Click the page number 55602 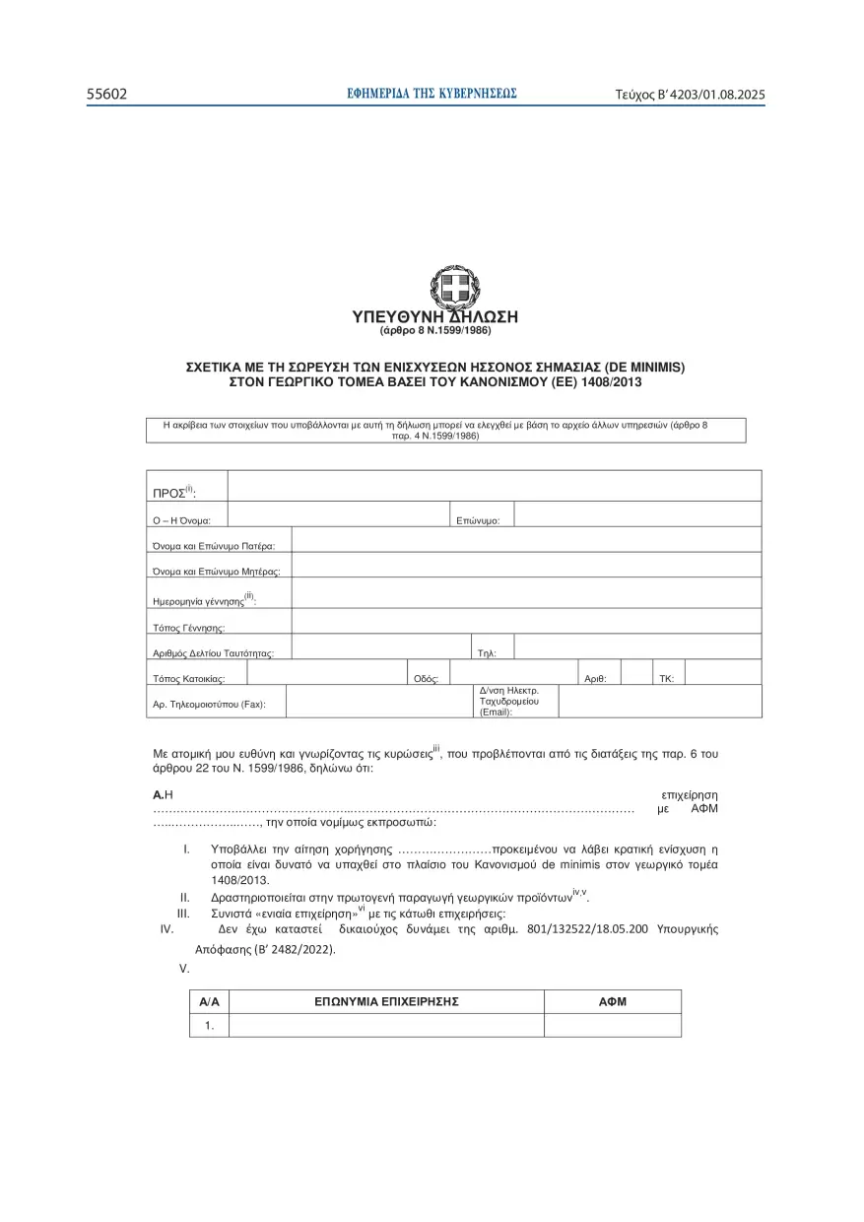(x=107, y=95)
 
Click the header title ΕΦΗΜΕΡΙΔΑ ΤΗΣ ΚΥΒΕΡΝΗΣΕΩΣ (x=432, y=95)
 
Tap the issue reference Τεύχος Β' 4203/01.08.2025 (x=690, y=96)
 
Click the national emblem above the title (x=454, y=288)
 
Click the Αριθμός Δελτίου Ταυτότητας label (x=213, y=652)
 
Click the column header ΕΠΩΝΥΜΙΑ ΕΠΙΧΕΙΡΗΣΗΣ (x=386, y=1001)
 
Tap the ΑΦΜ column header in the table (x=612, y=1001)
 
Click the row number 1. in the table (x=209, y=1026)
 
